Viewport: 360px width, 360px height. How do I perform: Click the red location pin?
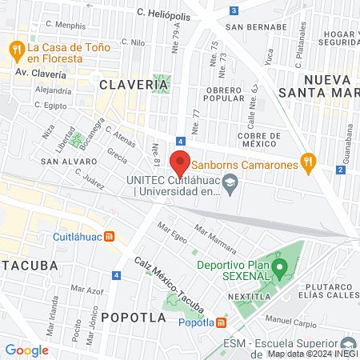180,162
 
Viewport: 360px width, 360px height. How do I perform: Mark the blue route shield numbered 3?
233,10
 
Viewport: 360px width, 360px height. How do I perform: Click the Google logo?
27,350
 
